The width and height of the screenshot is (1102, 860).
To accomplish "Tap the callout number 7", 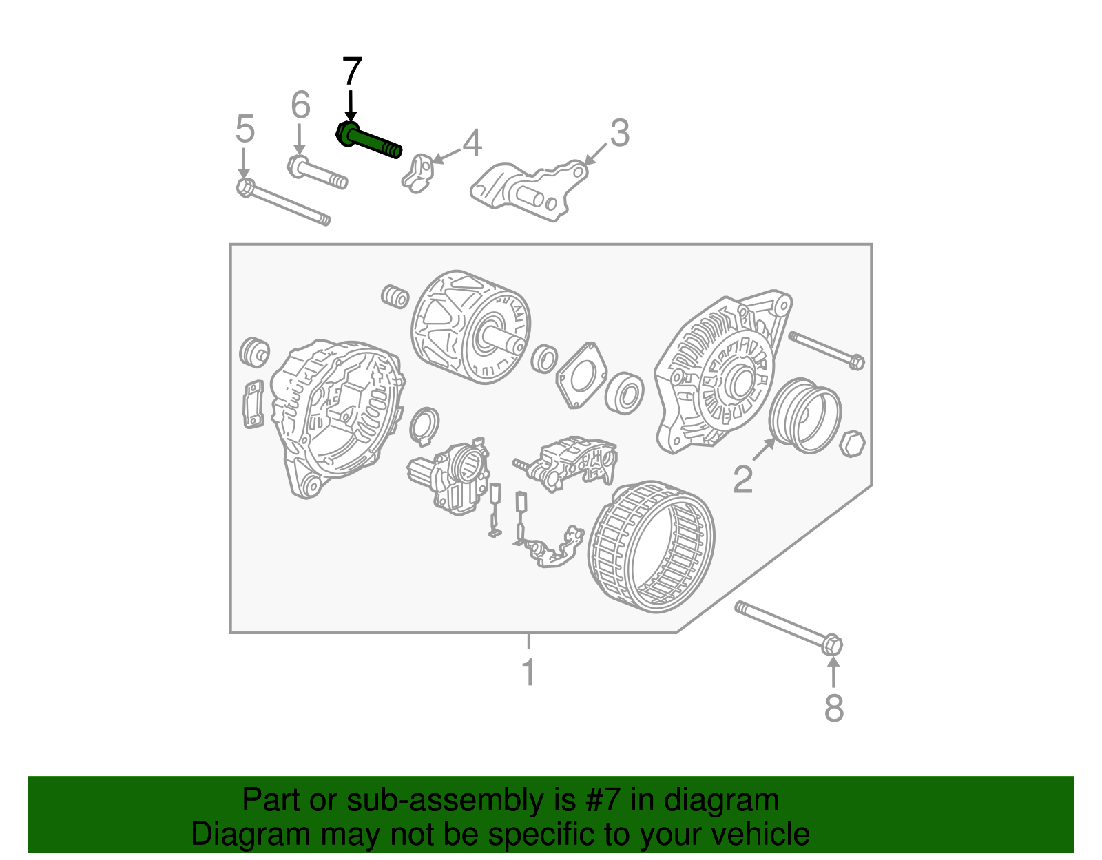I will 351,72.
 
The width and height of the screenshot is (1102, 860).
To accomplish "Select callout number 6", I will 300,105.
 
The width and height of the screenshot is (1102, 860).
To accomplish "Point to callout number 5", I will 245,129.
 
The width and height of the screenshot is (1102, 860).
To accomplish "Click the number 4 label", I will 472,143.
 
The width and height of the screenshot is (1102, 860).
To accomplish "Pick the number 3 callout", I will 619,133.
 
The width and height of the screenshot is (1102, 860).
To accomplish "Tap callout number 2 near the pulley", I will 742,479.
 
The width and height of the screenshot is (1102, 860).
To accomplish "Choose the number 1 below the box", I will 528,673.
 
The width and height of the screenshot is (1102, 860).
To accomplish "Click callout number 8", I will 834,708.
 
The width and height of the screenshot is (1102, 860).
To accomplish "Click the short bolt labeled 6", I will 317,173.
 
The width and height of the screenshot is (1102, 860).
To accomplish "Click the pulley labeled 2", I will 804,416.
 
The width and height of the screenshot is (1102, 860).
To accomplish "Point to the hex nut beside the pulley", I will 853,444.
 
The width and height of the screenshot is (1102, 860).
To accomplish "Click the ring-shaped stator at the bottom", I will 652,547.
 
